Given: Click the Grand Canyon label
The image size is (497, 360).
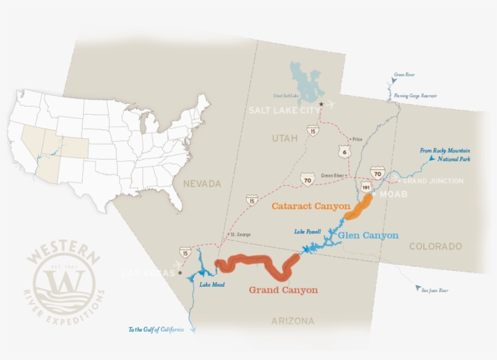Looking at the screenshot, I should [x=283, y=290].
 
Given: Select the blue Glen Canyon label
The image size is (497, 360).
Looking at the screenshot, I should [x=369, y=235].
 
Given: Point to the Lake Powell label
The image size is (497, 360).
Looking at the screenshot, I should [x=307, y=232].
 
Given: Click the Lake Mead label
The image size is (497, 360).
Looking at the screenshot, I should [x=213, y=285].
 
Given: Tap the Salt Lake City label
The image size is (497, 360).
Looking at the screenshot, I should [x=285, y=110].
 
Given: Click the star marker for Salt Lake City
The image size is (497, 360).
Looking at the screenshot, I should [x=321, y=104].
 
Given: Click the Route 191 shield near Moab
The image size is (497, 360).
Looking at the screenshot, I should [x=367, y=187].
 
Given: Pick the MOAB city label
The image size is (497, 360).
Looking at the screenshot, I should [x=393, y=195].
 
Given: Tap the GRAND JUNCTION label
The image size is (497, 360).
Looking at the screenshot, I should [x=433, y=181].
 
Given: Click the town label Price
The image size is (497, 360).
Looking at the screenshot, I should [x=356, y=139].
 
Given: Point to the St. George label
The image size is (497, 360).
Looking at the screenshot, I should [x=239, y=235].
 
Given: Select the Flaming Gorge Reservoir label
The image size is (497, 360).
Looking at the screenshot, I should [x=415, y=96].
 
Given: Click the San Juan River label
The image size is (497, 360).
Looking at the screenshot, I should [x=435, y=291].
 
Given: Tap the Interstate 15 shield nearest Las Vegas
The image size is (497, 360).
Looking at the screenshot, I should [x=185, y=252].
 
